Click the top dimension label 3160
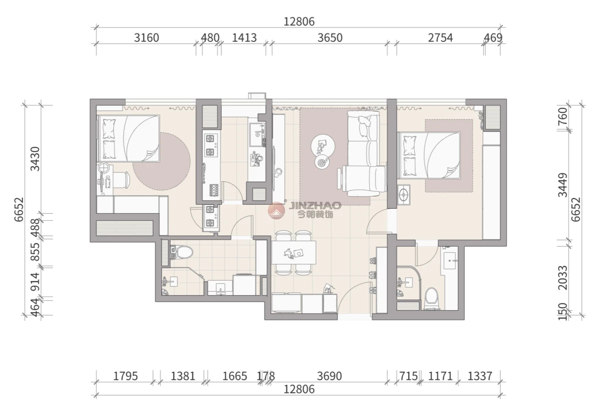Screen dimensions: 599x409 coord(147,38)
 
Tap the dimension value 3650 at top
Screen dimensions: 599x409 coord(330,38)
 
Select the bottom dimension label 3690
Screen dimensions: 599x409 coord(329,377)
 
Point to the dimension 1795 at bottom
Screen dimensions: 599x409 coord(125,377)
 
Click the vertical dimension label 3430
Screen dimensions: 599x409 coord(35,159)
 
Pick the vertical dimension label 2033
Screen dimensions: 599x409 coord(563,278)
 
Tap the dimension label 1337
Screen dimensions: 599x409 coord(480,377)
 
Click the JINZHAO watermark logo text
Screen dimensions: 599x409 coord(315,205)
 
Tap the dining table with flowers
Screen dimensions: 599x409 coord(294,253)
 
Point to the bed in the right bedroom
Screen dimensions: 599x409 coord(429,155)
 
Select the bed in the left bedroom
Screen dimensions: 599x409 coord(128,138)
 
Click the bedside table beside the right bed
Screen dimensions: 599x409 coord(403,194)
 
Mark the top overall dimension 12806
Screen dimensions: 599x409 coord(299,21)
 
